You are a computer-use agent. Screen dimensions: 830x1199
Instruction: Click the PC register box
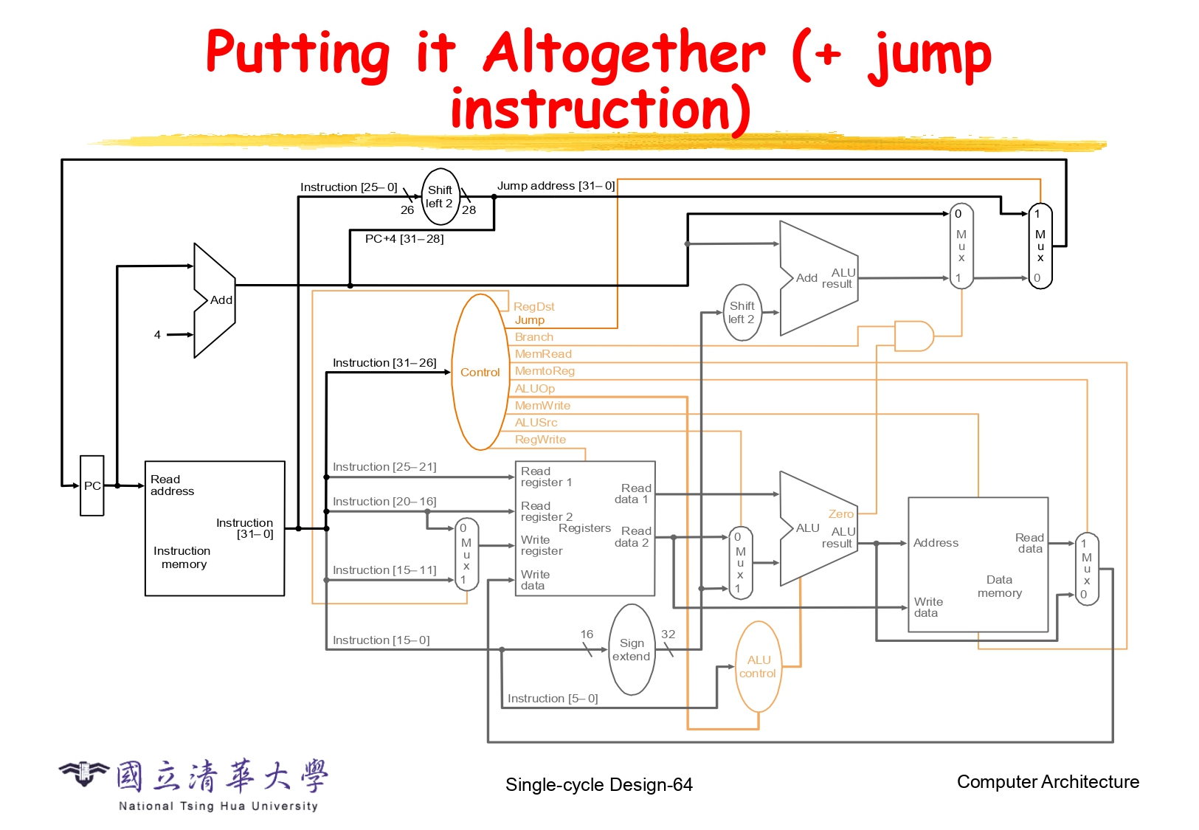pos(92,485)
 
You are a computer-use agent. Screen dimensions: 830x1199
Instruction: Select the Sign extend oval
pos(632,650)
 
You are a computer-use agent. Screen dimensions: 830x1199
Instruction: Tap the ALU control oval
pos(759,666)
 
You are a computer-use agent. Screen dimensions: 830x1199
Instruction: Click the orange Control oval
pos(480,373)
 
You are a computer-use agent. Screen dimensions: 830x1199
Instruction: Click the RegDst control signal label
pos(533,306)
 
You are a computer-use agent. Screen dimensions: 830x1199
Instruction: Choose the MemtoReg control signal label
pos(545,371)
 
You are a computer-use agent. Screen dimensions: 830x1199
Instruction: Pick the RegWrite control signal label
pos(540,440)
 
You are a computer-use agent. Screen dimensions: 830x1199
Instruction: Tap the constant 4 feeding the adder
pos(157,335)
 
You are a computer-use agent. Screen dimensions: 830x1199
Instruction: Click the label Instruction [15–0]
pos(381,640)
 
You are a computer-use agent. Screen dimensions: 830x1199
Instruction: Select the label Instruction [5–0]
pos(553,699)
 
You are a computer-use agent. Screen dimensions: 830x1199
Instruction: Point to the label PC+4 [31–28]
pos(404,239)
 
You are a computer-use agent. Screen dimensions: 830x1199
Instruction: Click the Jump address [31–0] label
pos(556,186)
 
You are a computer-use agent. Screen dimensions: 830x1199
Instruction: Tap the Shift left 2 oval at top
pos(440,197)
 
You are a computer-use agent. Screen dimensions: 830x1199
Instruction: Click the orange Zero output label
pos(840,514)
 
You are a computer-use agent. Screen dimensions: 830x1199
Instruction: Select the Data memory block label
pos(1000,587)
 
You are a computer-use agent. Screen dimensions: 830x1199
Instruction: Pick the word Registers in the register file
pos(584,528)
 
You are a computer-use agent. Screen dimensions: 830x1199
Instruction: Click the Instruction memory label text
pos(182,558)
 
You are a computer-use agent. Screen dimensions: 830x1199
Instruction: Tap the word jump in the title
pos(930,55)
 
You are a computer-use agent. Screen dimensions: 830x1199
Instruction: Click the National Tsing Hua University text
pos(218,806)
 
